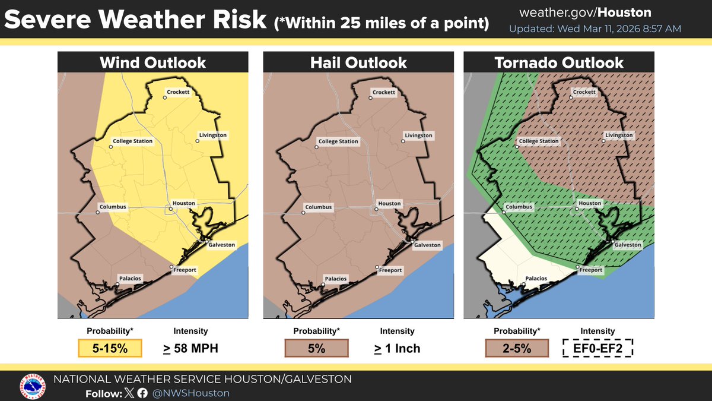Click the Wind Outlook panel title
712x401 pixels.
tap(152, 62)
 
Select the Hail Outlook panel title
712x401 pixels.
tap(359, 62)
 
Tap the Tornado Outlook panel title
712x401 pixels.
tap(559, 62)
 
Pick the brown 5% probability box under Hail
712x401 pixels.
tap(316, 348)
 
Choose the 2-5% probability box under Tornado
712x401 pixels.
tap(516, 348)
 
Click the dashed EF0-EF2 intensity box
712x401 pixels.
tap(598, 348)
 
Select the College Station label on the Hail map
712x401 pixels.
tap(338, 141)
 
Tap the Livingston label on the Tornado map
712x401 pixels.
tap(619, 135)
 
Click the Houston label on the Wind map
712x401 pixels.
tap(184, 203)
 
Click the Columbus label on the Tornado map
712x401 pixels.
tap(519, 207)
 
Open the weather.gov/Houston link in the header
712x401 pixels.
tap(584, 12)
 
